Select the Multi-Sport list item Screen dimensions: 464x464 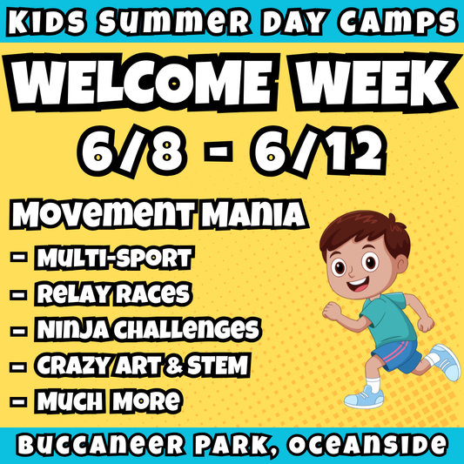(114, 259)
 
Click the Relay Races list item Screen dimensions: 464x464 (113, 294)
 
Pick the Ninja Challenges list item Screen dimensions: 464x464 (146, 330)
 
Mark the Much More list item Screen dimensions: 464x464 (109, 401)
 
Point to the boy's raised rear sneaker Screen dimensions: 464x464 (444, 360)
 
